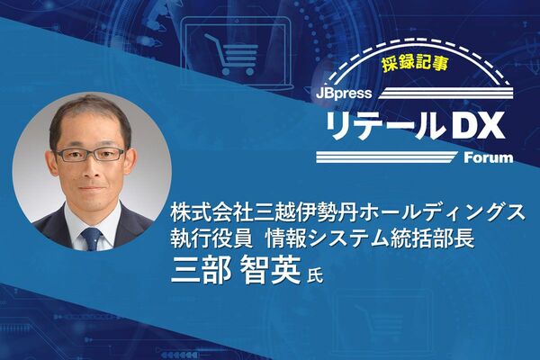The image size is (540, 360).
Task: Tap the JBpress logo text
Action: click(x=344, y=94)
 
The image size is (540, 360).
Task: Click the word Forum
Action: click(x=489, y=157)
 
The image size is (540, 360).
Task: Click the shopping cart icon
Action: click(x=230, y=54)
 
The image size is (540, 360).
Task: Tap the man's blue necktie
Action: click(x=92, y=238)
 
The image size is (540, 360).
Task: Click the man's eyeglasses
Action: click(x=89, y=154)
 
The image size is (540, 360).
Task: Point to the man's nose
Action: click(x=90, y=169)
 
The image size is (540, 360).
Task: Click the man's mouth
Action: click(x=91, y=188)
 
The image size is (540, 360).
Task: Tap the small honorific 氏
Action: click(x=315, y=275)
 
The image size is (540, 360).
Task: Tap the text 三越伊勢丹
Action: click(x=305, y=214)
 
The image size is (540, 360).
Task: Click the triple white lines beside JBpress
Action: click(x=446, y=94)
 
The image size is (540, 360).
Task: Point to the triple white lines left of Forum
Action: click(x=386, y=157)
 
